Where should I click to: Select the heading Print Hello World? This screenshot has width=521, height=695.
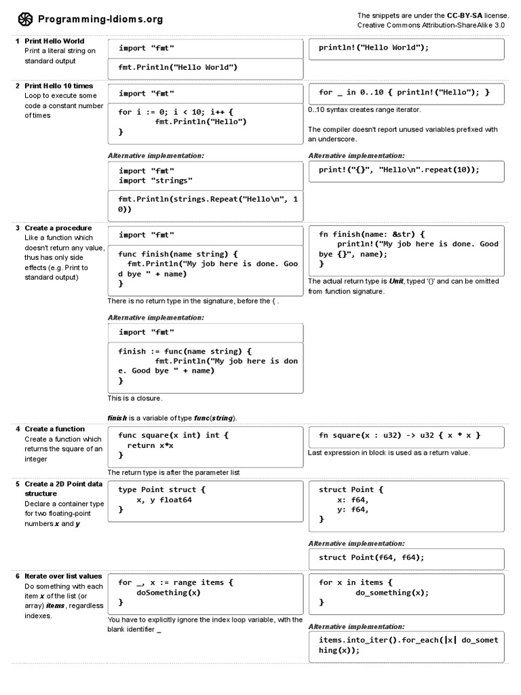click(x=54, y=41)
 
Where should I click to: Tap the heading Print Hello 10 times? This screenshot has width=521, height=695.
click(x=58, y=86)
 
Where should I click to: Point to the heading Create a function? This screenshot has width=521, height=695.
click(x=54, y=429)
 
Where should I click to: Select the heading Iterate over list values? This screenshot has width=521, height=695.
click(x=63, y=576)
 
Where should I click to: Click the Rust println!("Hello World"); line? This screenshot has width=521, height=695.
click(x=374, y=48)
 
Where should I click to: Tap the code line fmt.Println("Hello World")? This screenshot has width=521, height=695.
click(x=178, y=68)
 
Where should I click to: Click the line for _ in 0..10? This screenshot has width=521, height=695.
click(x=404, y=92)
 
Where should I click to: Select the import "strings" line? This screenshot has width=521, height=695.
click(x=155, y=181)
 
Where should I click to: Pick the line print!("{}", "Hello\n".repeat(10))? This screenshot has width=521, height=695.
click(x=399, y=170)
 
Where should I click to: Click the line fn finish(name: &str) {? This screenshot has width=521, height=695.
click(x=372, y=234)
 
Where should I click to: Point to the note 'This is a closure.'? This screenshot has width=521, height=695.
click(x=135, y=398)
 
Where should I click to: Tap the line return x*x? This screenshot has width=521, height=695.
click(x=151, y=445)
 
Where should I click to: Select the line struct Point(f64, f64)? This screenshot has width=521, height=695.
click(x=371, y=557)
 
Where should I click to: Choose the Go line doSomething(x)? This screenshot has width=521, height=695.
click(x=168, y=593)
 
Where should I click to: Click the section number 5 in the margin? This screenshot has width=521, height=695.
click(x=18, y=484)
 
